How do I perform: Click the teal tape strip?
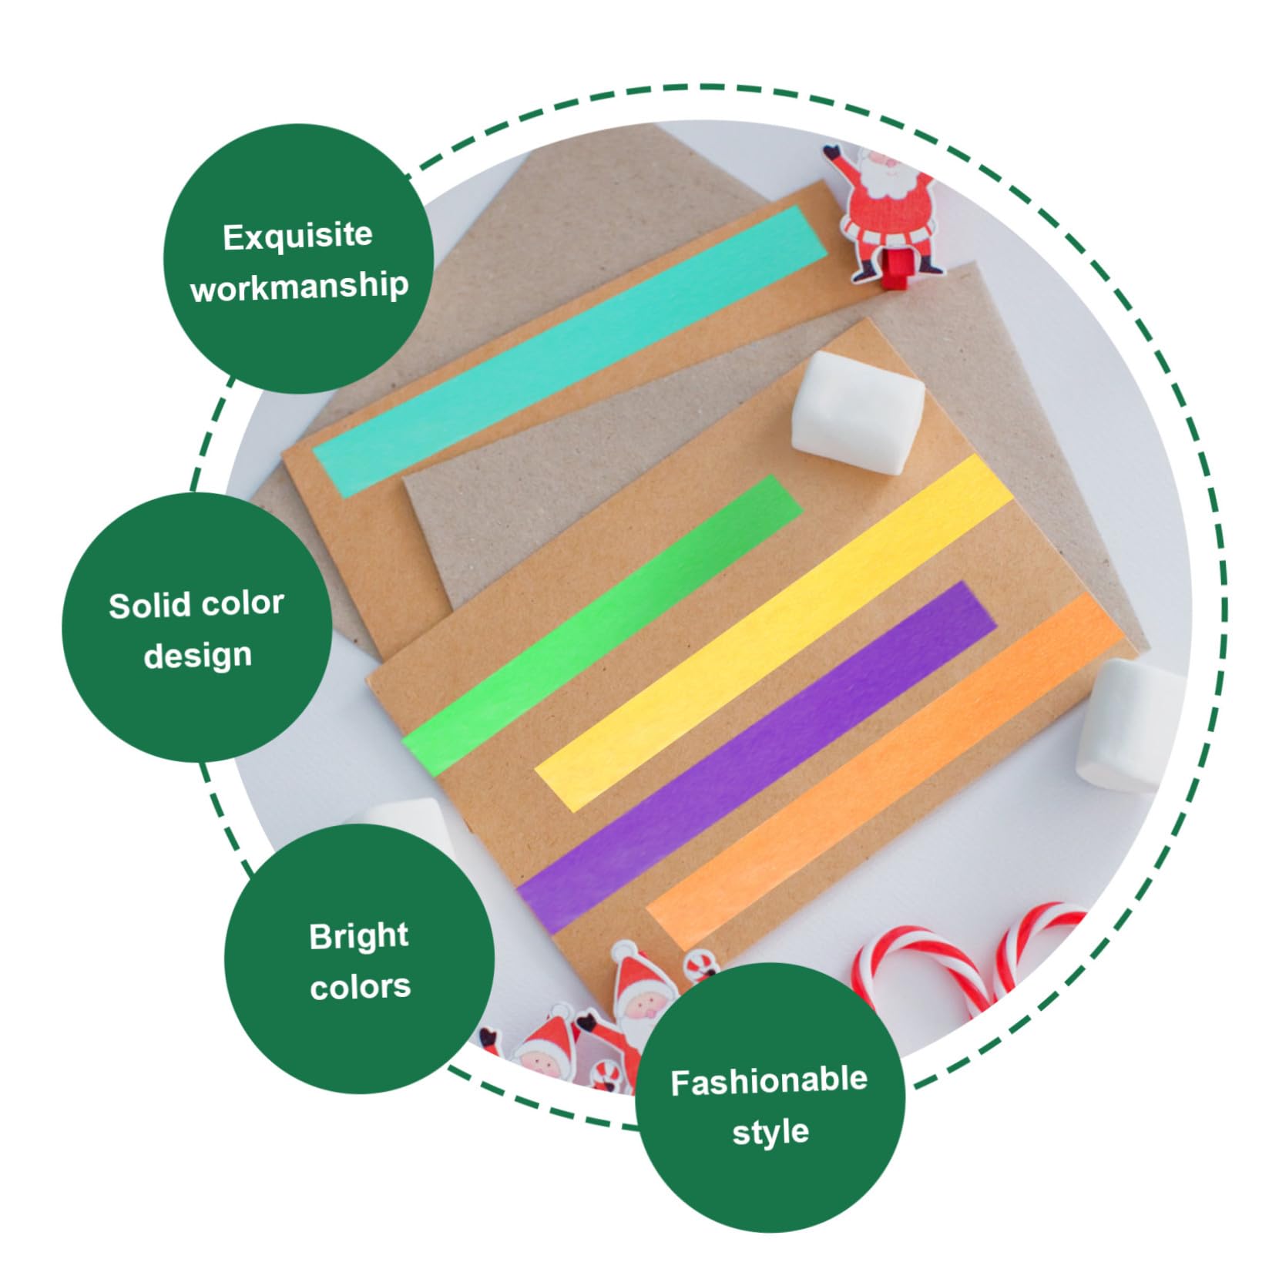pos(570,351)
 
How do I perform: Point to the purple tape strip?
pos(756,757)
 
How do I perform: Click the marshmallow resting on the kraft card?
pos(858,412)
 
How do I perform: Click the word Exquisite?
pos(297,236)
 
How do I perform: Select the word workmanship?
pos(299,287)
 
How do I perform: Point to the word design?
pos(197,656)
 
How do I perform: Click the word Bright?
pos(359,937)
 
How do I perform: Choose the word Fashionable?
pos(769,1082)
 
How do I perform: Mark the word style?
pos(770,1132)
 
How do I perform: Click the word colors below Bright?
pos(360,986)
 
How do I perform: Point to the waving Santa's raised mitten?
pos(832,153)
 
